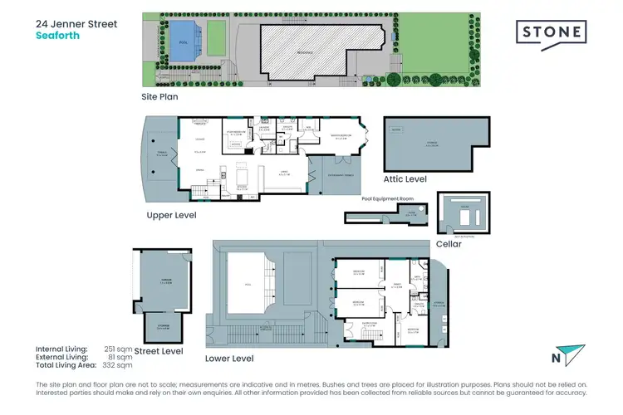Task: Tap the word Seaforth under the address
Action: [57, 37]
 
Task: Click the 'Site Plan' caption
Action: [159, 96]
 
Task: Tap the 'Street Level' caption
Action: [163, 351]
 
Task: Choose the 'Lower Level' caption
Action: [228, 359]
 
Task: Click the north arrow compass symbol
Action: [562, 355]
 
